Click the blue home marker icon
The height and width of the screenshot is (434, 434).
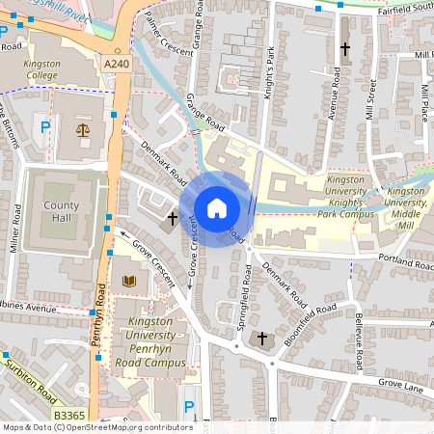tap(217, 208)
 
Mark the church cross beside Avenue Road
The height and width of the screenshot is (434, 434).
tap(345, 47)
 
